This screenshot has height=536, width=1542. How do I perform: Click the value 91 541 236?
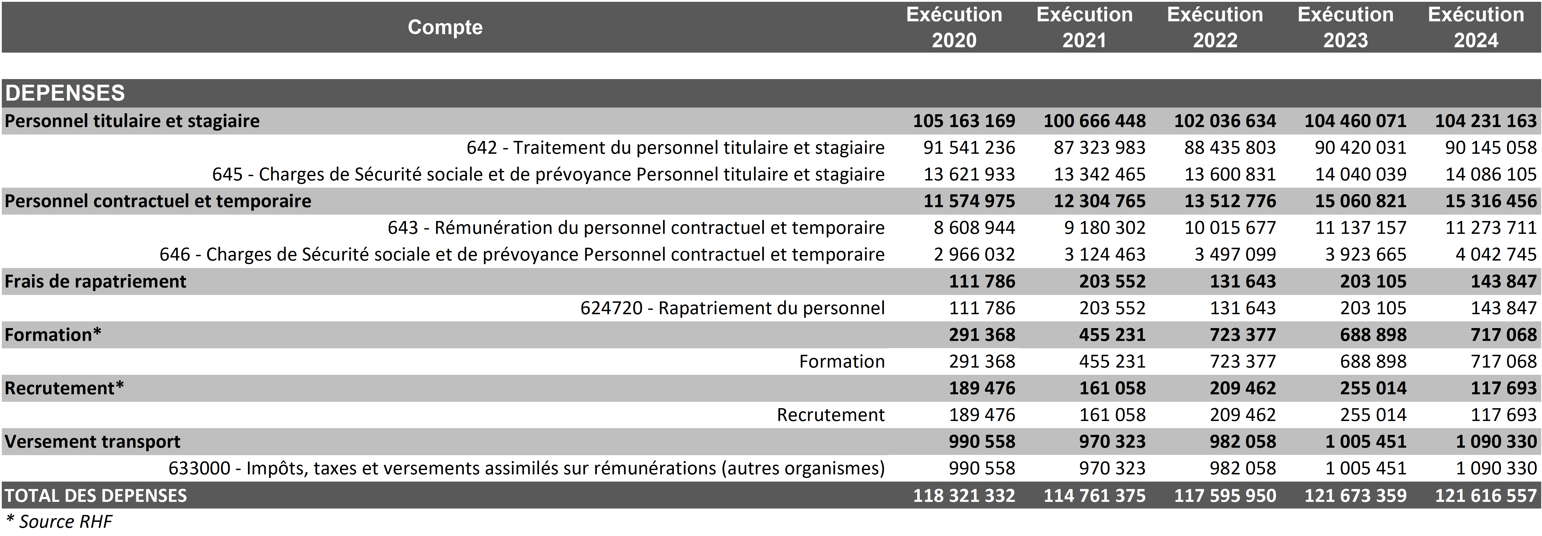point(969,148)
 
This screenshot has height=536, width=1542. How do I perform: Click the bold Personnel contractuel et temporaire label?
point(158,201)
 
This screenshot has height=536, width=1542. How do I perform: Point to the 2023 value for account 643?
point(1360,228)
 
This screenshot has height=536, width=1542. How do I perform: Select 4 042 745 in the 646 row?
point(1496,255)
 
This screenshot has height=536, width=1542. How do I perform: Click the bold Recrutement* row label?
point(64,388)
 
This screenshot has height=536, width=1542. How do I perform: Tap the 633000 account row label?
point(526,468)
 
